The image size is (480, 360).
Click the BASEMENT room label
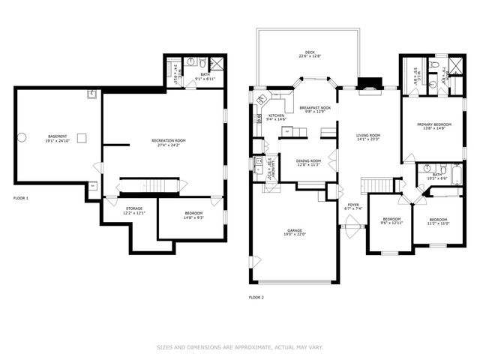(41, 136)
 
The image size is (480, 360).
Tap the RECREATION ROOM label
(168, 140)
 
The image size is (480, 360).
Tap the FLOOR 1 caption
(21, 198)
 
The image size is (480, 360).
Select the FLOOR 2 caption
(256, 297)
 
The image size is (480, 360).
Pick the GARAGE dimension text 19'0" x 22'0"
(295, 235)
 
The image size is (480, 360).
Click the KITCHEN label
(277, 115)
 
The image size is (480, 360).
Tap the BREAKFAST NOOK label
(315, 108)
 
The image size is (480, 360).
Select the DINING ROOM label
(308, 160)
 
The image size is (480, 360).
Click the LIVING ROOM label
(369, 135)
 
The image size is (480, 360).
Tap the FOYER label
(352, 205)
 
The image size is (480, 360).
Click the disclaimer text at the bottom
(240, 347)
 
